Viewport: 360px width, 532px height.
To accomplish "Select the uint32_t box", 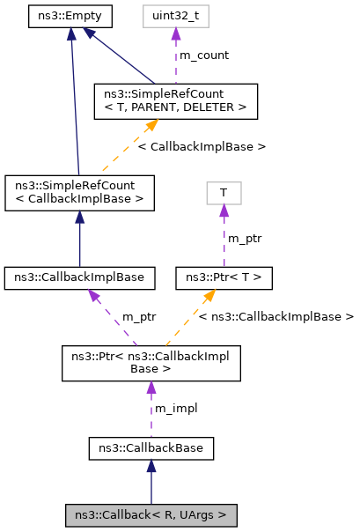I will [x=175, y=15].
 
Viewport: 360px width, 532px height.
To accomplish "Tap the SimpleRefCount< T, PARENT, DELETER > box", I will [x=175, y=100].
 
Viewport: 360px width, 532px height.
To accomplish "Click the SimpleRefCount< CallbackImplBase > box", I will [x=79, y=192].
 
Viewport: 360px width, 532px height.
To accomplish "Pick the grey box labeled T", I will [x=224, y=193].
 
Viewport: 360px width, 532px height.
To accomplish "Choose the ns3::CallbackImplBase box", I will [x=80, y=278].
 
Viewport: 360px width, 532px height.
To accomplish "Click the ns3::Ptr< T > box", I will [x=224, y=278].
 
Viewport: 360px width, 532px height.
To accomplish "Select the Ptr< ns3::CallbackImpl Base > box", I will [x=151, y=363].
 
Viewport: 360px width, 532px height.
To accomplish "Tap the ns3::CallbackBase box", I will [x=151, y=448].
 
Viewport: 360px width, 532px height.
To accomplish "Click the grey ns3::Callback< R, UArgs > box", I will [x=151, y=514].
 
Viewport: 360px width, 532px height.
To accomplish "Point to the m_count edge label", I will [x=204, y=55].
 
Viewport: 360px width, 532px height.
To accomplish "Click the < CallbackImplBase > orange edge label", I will [x=202, y=146].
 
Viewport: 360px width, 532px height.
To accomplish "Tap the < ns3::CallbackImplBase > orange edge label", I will [x=276, y=315].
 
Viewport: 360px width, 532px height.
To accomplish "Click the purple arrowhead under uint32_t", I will [x=175, y=33].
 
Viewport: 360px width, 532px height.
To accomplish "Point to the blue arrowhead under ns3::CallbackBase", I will [x=151, y=467].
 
